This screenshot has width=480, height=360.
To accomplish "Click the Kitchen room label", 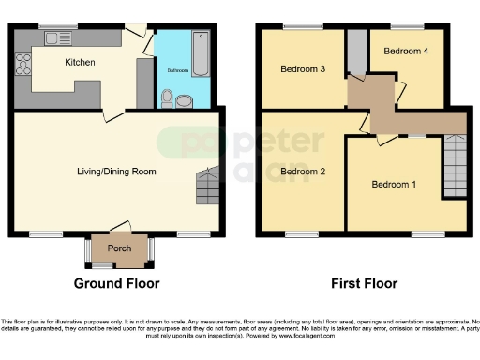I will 80,62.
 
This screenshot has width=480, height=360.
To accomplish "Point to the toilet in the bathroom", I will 168,97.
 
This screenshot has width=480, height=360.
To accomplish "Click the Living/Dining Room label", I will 115,172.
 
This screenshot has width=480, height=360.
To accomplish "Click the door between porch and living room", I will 118,229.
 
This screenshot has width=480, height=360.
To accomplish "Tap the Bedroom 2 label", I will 302,172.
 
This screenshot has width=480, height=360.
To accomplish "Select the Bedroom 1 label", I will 394,184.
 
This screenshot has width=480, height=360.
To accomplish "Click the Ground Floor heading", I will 117,283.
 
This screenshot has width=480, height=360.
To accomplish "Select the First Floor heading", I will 363,283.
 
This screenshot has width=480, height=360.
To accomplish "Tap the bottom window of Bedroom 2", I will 302,233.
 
